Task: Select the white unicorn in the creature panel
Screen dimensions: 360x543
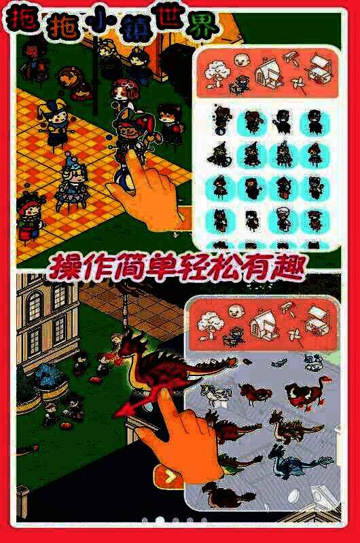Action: pyautogui.click(x=217, y=394)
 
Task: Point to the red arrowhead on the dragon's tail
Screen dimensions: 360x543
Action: pyautogui.click(x=122, y=411)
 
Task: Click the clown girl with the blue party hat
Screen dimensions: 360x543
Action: pyautogui.click(x=71, y=183)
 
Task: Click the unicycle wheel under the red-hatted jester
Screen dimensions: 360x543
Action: pyautogui.click(x=124, y=176)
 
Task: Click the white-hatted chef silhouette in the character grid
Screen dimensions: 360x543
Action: pyautogui.click(x=283, y=219)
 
